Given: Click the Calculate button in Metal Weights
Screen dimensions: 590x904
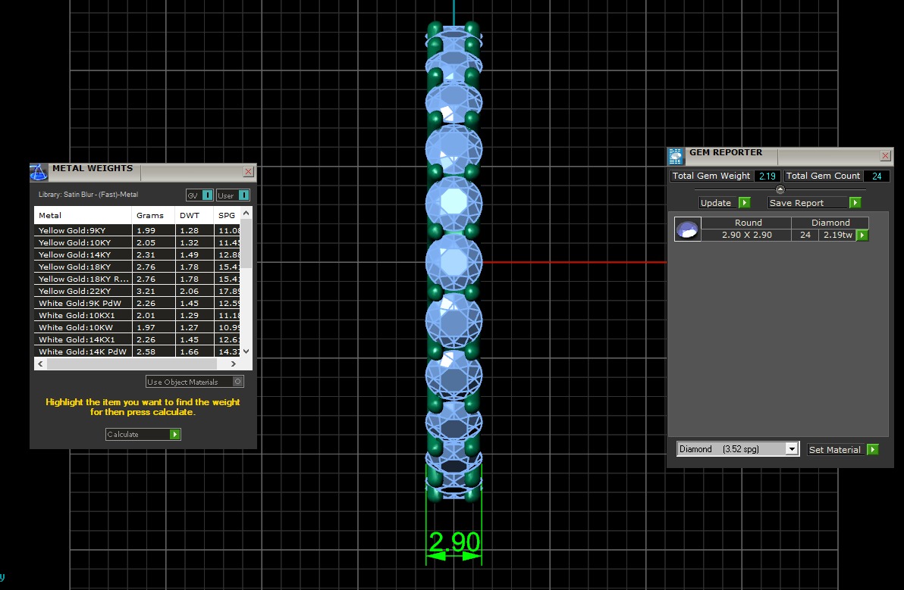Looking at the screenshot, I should (143, 434).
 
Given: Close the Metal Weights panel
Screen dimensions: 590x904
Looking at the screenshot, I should (248, 172).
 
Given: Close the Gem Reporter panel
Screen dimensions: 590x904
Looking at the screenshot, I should (885, 156).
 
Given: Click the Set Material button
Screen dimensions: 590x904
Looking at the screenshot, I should (843, 450).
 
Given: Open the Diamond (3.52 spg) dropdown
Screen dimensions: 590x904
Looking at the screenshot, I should (737, 449).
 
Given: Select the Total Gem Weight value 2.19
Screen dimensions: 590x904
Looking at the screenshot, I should (767, 176).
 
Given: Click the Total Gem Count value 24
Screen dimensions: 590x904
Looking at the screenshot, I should (876, 176).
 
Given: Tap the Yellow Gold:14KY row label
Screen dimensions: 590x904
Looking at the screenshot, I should (74, 254).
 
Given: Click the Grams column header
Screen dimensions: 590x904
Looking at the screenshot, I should (150, 215).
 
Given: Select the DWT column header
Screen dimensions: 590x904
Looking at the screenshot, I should (189, 215).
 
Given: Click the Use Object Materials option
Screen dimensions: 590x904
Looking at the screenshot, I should (195, 382).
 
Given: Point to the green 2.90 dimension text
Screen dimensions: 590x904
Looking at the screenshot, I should (454, 542).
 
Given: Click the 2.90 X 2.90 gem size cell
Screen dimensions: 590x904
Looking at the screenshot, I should (745, 235).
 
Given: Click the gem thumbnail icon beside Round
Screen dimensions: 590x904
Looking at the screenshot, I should (687, 229).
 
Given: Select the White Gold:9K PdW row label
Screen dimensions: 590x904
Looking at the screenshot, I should (80, 303).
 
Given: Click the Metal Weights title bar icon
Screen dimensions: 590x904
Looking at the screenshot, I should (39, 172).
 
